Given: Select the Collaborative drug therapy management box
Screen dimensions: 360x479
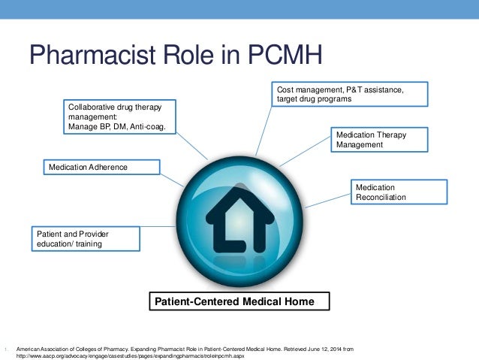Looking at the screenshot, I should click(x=121, y=116).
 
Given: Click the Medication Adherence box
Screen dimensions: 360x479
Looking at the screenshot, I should click(x=101, y=166).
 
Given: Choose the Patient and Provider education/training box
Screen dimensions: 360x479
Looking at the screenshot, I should click(x=86, y=238).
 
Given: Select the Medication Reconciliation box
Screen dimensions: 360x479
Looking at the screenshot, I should click(x=399, y=192).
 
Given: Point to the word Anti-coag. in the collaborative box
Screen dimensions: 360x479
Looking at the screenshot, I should click(x=149, y=127).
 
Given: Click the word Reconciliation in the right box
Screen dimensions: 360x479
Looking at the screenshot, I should click(x=381, y=197).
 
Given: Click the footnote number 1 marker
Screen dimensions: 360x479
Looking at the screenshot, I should click(x=5, y=349).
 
